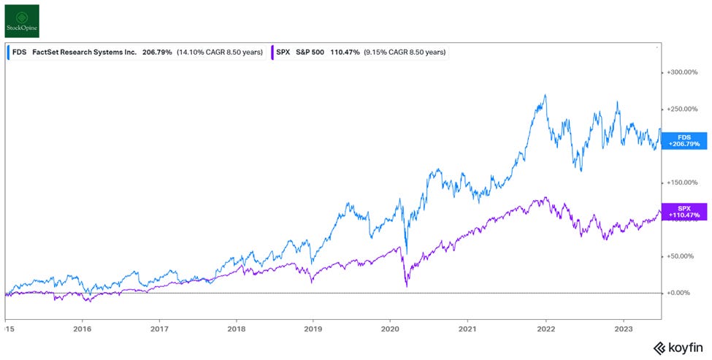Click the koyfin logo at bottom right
pyautogui.click(x=678, y=348)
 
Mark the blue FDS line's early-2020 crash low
pyautogui.click(x=406, y=253)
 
